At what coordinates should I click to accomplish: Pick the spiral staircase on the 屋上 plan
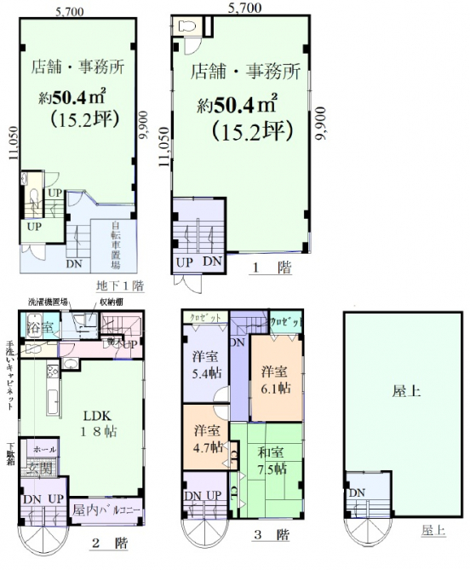[368, 532]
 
